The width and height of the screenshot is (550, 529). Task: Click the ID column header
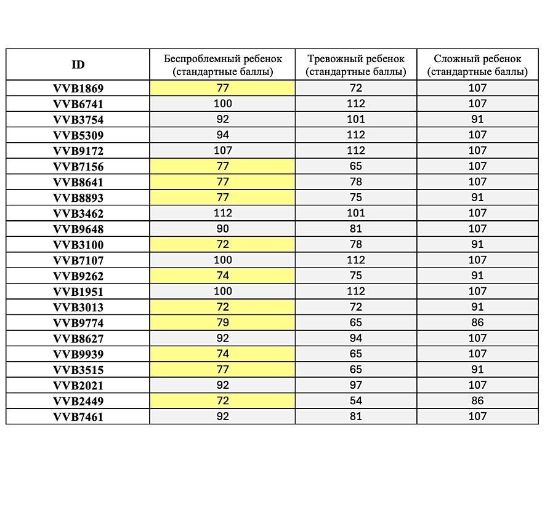(x=78, y=65)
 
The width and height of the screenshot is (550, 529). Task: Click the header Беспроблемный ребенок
(x=222, y=65)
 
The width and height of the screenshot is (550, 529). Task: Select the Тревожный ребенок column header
(x=356, y=65)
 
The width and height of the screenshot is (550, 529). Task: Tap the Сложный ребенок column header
(x=477, y=65)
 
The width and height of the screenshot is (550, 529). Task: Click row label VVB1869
(x=78, y=88)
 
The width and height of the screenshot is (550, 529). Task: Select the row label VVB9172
(x=78, y=151)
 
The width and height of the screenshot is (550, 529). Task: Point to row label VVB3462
(x=78, y=213)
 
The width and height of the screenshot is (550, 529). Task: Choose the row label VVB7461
(x=78, y=416)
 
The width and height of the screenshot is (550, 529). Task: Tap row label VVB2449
(x=78, y=401)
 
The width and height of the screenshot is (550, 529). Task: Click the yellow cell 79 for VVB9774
(x=222, y=322)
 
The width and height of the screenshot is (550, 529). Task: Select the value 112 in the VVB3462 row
(x=222, y=213)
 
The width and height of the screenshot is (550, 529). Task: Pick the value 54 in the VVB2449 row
(x=356, y=401)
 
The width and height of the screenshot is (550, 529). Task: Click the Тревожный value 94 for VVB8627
(x=356, y=338)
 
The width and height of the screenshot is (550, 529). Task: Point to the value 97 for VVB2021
(x=356, y=385)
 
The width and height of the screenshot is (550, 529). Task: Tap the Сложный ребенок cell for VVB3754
(x=477, y=119)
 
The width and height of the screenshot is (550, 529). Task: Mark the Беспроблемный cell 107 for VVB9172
(x=222, y=151)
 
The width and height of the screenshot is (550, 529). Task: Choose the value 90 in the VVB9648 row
(x=222, y=229)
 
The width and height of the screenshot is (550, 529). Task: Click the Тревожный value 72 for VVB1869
(x=356, y=88)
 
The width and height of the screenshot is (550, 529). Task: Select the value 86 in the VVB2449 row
(x=477, y=401)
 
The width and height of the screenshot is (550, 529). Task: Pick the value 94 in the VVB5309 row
(x=222, y=135)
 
